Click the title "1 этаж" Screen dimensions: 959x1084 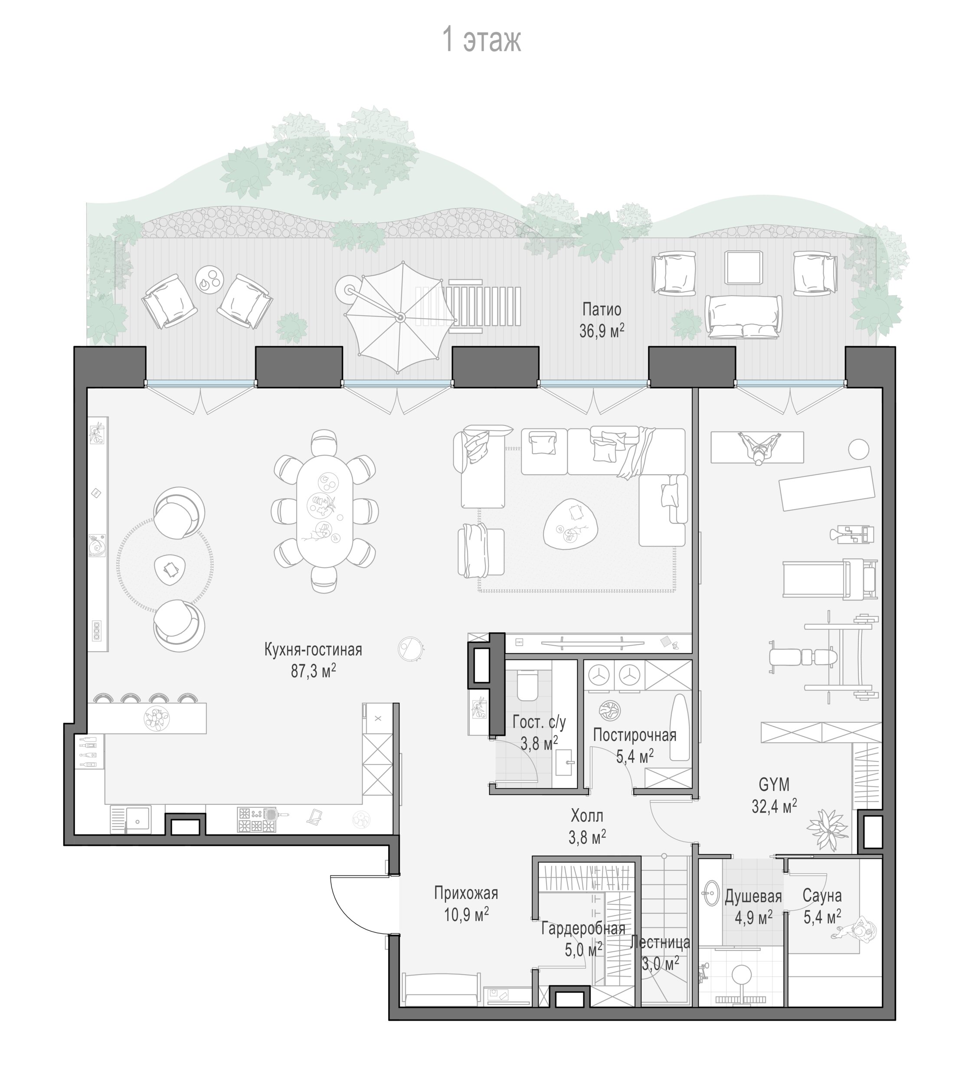[481, 40]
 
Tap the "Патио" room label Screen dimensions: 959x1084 [602, 309]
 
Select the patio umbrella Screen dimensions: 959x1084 [400, 317]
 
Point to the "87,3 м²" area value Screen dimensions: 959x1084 [314, 671]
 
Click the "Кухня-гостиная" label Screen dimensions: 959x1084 [313, 650]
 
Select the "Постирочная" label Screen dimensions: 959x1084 [635, 735]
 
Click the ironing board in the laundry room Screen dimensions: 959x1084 [679, 727]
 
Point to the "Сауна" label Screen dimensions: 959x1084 [822, 896]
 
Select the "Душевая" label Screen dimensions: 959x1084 [753, 896]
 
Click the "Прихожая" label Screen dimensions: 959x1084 [466, 893]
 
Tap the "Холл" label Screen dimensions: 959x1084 [587, 815]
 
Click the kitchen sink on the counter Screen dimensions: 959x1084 [131, 820]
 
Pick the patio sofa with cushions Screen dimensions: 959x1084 [743, 317]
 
